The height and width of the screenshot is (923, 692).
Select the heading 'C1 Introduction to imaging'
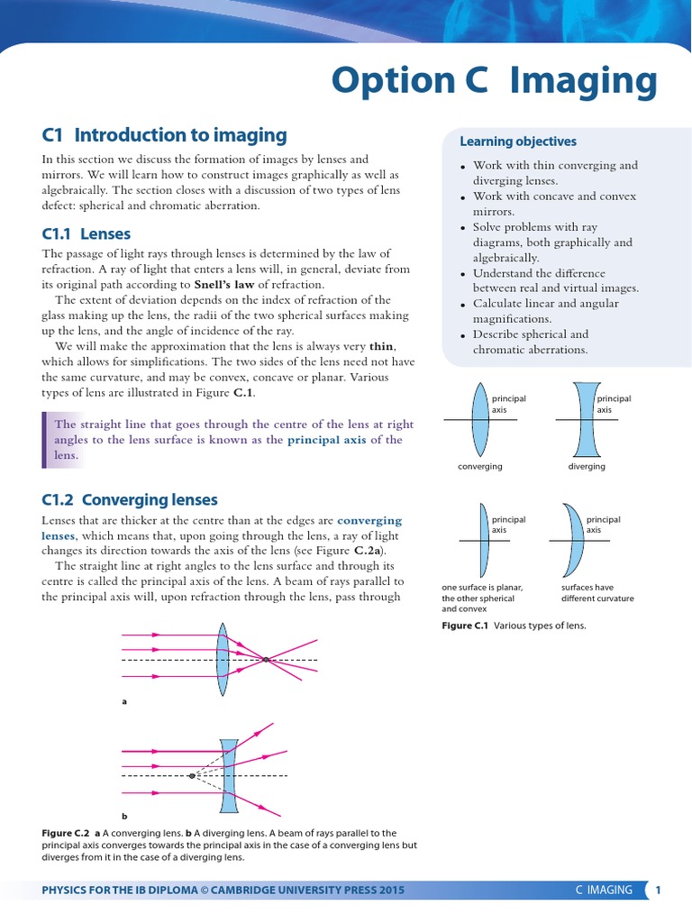pos(165,135)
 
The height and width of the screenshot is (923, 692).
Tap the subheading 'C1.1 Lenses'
pos(86,234)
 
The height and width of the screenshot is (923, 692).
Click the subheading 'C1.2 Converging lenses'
pos(130,499)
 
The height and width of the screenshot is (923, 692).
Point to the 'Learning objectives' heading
pos(518,142)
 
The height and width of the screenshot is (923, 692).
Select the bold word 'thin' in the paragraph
pos(382,346)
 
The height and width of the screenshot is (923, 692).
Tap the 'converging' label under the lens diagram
pos(479,467)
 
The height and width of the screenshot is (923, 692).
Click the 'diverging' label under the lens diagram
pos(587,467)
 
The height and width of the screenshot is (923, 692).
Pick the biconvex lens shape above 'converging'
pos(479,420)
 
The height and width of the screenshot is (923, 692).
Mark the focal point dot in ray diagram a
pos(266,661)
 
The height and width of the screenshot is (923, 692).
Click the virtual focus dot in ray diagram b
pos(192,775)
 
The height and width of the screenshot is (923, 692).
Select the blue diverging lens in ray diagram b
pos(229,775)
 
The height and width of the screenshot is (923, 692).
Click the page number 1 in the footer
pos(659,891)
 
